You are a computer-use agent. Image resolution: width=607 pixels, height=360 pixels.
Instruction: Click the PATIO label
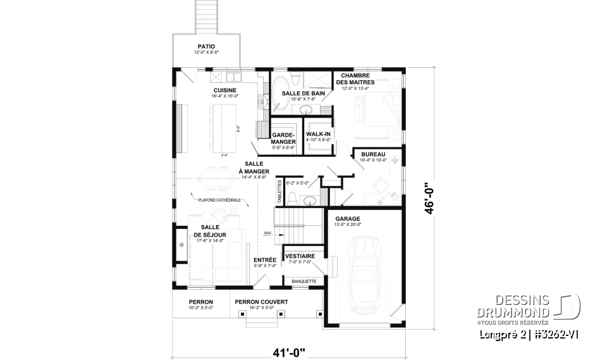tap(205, 46)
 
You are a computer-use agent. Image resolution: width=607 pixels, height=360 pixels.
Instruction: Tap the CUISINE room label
tap(224, 90)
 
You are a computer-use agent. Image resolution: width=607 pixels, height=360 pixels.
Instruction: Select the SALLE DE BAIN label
tap(303, 93)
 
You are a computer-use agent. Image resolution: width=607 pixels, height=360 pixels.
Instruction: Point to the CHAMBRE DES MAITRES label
tap(355, 78)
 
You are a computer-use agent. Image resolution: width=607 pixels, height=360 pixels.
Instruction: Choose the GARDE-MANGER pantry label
tap(283, 139)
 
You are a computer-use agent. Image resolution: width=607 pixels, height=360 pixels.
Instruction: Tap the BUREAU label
tap(373, 154)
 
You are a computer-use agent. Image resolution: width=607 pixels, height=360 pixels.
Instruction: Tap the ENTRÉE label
tap(264, 260)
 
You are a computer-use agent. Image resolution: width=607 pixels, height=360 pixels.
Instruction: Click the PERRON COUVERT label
tap(261, 302)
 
